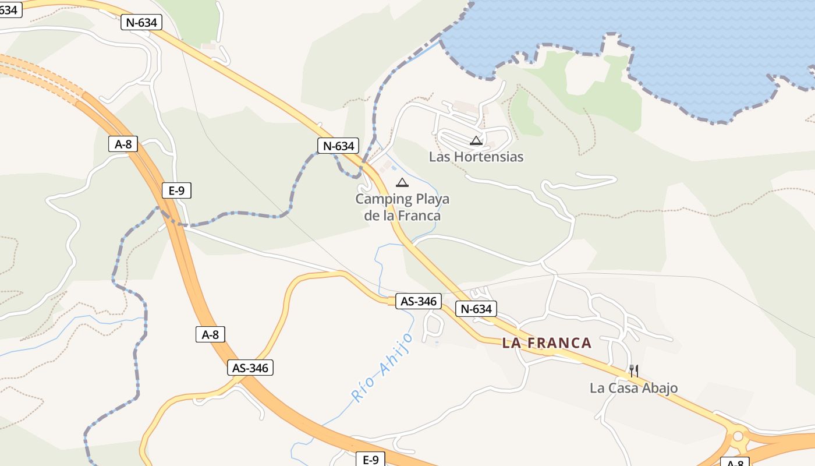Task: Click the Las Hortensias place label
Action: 476,157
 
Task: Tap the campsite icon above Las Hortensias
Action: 476,140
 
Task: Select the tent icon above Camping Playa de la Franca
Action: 402,183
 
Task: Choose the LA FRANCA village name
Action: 547,343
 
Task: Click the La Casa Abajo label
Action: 633,388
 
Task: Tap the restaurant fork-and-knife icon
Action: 634,370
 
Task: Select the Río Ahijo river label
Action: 382,366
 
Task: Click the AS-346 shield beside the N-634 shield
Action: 419,301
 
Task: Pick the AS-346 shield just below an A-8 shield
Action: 250,368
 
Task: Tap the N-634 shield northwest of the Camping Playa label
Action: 338,146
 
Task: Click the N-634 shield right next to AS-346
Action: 476,309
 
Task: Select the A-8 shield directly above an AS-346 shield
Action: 210,334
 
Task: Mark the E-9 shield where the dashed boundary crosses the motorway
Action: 176,190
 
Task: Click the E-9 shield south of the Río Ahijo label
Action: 371,460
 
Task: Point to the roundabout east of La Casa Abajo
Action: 738,436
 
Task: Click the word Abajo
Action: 657,388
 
